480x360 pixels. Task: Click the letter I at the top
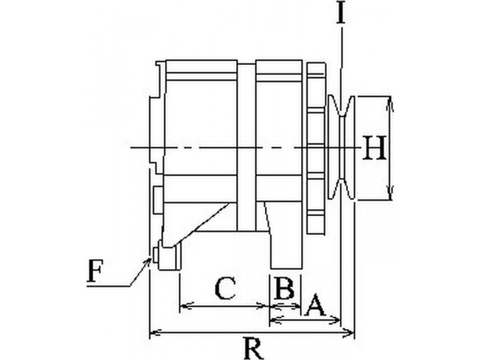click(x=341, y=12)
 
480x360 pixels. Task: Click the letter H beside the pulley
click(x=374, y=148)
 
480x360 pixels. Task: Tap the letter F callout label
click(x=94, y=271)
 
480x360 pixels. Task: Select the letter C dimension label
click(x=226, y=288)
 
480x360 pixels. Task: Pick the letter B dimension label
click(x=284, y=288)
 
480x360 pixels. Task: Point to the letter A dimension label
click(x=316, y=305)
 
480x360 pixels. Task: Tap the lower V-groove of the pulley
click(x=341, y=188)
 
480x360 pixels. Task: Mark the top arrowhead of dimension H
click(x=389, y=103)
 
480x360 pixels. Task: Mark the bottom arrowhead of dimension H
click(x=389, y=193)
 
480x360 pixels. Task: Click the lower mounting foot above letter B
click(x=286, y=250)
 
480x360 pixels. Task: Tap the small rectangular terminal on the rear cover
click(x=158, y=200)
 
